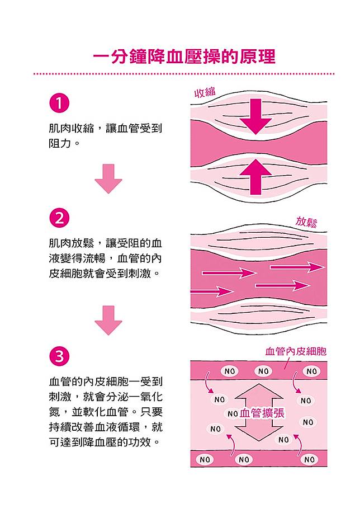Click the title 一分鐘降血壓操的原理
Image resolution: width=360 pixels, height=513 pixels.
point(184,57)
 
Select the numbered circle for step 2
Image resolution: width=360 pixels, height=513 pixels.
point(59,217)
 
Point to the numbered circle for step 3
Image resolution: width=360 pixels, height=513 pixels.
point(59,356)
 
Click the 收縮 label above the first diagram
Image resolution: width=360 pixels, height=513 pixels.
point(205,93)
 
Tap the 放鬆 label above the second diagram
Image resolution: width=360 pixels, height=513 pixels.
point(306,222)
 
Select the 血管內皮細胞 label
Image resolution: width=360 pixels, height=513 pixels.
point(296,351)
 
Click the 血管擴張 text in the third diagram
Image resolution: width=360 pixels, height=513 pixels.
point(262,413)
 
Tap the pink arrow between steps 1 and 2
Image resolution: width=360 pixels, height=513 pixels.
point(108,178)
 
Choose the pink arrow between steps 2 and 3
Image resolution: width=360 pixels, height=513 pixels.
point(108,320)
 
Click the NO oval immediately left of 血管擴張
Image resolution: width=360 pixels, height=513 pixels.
point(233,414)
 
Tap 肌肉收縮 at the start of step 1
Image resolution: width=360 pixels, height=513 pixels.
point(69,128)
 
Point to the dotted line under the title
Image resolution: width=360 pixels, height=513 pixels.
point(184,73)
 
